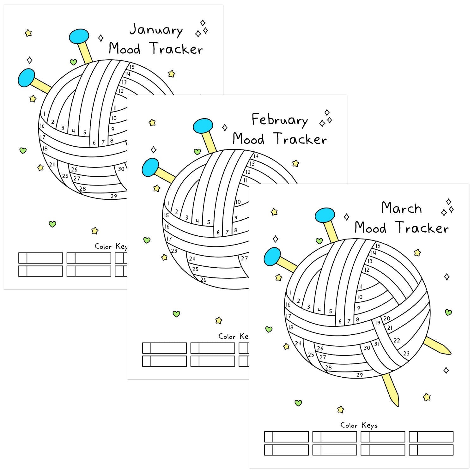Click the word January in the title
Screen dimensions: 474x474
pos(156,30)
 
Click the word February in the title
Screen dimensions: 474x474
pos(279,120)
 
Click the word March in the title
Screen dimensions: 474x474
pos(401,209)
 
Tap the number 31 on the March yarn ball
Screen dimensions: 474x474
pos(376,344)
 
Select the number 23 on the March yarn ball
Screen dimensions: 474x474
pos(406,353)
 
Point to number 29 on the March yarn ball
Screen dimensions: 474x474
pos(360,375)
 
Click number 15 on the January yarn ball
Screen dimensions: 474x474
pos(132,67)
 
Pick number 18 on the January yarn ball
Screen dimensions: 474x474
pos(45,148)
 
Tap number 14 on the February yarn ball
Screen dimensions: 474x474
pos(256,156)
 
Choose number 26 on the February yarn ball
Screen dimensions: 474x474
pos(203,280)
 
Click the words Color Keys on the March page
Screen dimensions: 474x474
pos(359,425)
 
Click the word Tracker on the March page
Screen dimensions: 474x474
pos(422,228)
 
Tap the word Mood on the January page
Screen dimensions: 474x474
pos(125,49)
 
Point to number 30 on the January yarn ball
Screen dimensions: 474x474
pos(121,169)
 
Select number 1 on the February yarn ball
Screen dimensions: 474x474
pos(168,204)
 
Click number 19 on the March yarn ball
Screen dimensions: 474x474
pos(378,323)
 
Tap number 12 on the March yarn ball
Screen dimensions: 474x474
pos(367,270)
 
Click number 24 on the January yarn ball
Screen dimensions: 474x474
pos(52,164)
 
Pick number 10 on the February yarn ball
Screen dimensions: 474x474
pos(238,202)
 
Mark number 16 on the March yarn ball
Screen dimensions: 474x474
pos(288,305)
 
